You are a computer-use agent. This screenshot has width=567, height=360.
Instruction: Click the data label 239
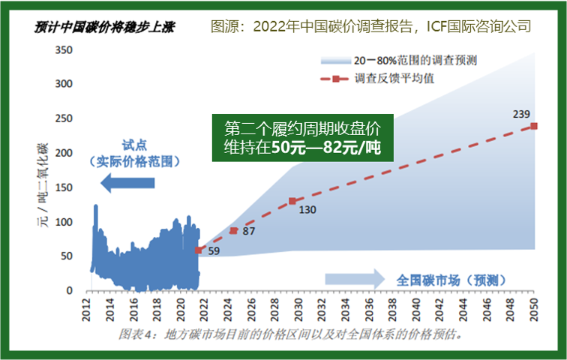521,114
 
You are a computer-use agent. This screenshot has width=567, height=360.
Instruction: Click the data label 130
307,210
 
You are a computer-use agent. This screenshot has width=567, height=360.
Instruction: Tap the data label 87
249,232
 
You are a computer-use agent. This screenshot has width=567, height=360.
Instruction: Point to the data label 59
214,252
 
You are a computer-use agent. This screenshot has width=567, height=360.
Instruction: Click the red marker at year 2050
533,126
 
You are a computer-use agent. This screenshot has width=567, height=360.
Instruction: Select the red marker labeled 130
292,201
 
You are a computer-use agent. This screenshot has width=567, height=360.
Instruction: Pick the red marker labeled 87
233,231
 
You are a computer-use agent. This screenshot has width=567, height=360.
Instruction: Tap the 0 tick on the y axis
69,291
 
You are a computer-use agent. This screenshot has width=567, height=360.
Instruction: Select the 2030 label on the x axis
298,310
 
